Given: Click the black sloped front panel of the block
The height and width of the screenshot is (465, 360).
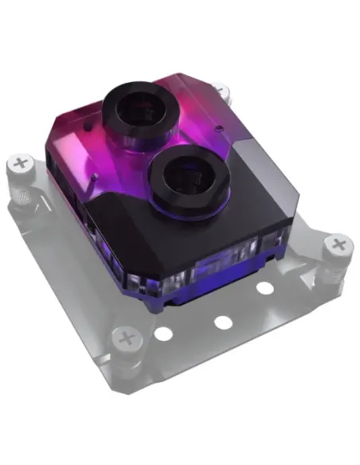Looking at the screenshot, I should (159, 231).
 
